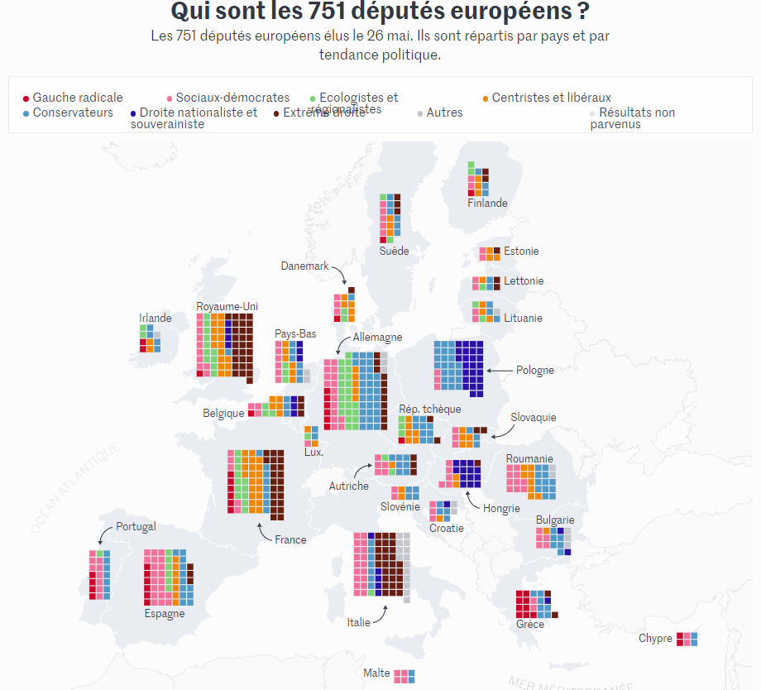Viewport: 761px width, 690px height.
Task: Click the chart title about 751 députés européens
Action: [380, 12]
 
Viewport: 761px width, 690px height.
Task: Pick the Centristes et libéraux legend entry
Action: [551, 98]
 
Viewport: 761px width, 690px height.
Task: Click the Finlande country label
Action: [487, 203]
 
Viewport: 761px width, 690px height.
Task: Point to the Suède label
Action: [394, 251]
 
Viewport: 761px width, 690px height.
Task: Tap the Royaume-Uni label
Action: [227, 307]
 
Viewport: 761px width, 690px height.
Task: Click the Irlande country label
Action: [156, 318]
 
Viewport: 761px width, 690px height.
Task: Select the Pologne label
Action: [535, 370]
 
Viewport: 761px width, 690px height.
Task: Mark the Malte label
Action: [376, 673]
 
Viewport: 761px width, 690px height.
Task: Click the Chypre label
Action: [655, 638]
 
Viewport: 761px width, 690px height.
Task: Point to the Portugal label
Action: [136, 527]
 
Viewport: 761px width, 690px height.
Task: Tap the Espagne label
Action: [165, 614]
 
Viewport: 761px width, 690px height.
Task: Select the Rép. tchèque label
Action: [430, 409]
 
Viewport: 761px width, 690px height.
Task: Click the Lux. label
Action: [313, 452]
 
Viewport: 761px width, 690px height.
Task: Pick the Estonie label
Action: [521, 252]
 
